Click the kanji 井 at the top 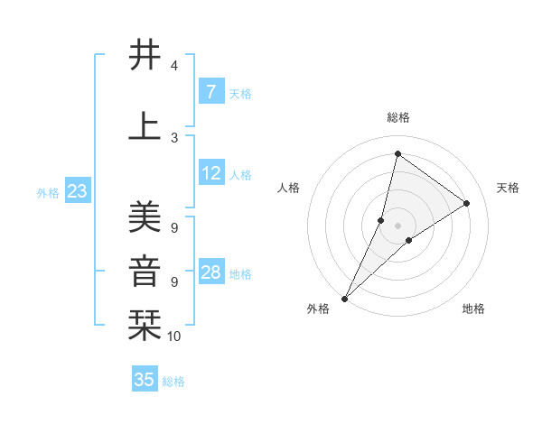pyautogui.click(x=145, y=55)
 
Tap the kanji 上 pyautogui.click(x=145, y=125)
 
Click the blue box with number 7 pyautogui.click(x=211, y=92)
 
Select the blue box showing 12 pyautogui.click(x=211, y=173)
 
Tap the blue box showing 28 pyautogui.click(x=211, y=272)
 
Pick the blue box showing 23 pyautogui.click(x=77, y=191)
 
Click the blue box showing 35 pyautogui.click(x=145, y=380)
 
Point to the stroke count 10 pyautogui.click(x=174, y=336)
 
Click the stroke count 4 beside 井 pyautogui.click(x=174, y=66)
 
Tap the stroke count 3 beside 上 pyautogui.click(x=174, y=137)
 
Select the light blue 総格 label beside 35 pyautogui.click(x=173, y=382)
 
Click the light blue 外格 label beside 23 pyautogui.click(x=48, y=192)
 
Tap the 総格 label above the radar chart pyautogui.click(x=397, y=117)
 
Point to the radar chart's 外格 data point pyautogui.click(x=344, y=298)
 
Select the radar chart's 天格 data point pyautogui.click(x=467, y=203)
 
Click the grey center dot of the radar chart pyautogui.click(x=397, y=226)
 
